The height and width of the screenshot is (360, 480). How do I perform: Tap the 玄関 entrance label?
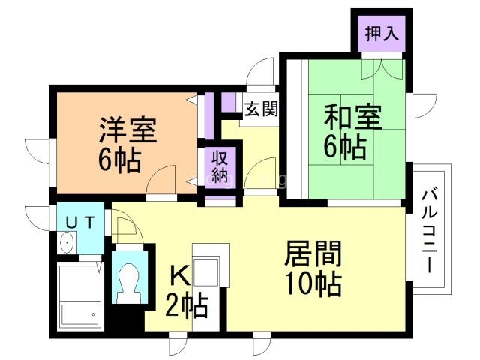click(261, 109)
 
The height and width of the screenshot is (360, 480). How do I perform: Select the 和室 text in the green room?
click(352, 117)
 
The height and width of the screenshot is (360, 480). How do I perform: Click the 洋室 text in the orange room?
click(128, 130)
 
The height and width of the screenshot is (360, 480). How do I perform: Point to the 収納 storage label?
click(219, 166)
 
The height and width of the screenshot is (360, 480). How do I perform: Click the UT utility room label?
click(79, 221)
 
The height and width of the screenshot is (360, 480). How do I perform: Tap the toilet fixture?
click(128, 280)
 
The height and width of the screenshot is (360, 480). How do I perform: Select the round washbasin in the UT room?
click(67, 242)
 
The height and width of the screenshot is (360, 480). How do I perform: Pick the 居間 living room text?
click(313, 255)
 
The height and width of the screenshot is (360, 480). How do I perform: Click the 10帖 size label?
click(313, 285)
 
